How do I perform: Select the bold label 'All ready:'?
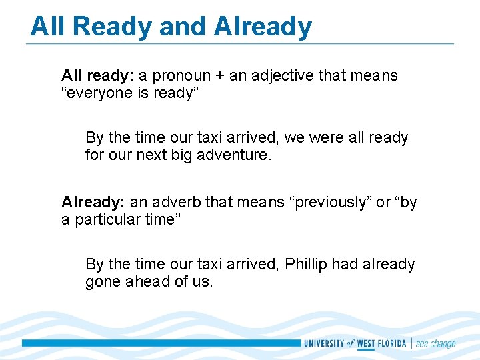(x=97, y=76)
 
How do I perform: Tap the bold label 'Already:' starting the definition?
(x=93, y=202)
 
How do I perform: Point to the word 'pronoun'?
(x=182, y=76)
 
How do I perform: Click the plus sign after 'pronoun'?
(x=218, y=76)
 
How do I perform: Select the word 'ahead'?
(x=147, y=281)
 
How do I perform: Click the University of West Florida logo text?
(x=355, y=343)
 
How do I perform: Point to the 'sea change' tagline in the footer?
(x=435, y=343)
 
